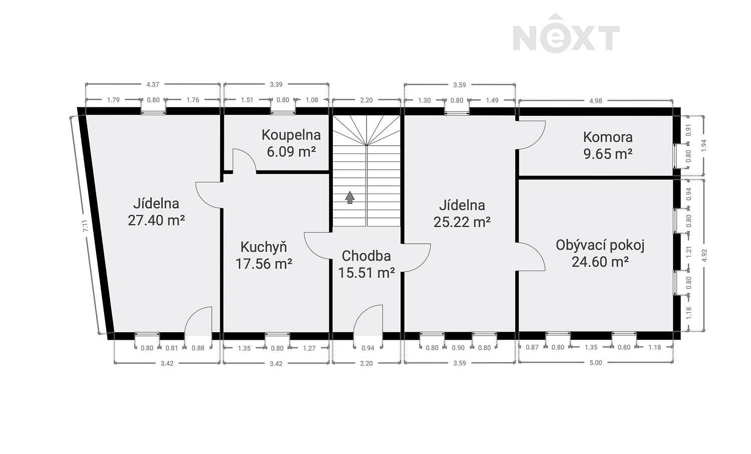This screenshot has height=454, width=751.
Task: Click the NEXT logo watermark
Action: click(x=566, y=33)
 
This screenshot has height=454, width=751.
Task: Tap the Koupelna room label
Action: click(x=291, y=135)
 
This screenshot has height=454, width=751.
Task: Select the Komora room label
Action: click(x=608, y=137)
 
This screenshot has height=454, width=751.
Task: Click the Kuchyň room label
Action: click(x=264, y=247)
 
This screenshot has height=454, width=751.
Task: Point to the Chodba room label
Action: click(x=366, y=256)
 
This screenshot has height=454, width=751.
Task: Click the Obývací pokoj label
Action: click(x=600, y=245)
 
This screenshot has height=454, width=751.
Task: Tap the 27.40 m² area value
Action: click(x=156, y=220)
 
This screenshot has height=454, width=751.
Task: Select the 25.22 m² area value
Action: click(x=462, y=222)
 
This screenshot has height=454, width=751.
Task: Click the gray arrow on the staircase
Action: click(x=349, y=197)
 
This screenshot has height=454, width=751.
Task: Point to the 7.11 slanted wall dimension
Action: click(x=86, y=225)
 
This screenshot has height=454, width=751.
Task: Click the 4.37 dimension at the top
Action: click(x=153, y=85)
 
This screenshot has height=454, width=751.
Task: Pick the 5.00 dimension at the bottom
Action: click(x=596, y=363)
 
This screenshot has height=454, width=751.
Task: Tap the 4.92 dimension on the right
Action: click(x=704, y=256)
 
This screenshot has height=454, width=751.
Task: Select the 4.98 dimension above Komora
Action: click(x=596, y=101)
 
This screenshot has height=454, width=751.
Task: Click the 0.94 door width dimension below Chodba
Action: click(x=368, y=348)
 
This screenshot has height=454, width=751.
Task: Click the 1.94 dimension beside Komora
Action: click(x=704, y=145)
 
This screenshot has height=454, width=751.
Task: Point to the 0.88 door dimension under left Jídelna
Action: click(x=198, y=348)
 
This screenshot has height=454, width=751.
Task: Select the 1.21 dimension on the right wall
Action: click(x=689, y=252)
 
